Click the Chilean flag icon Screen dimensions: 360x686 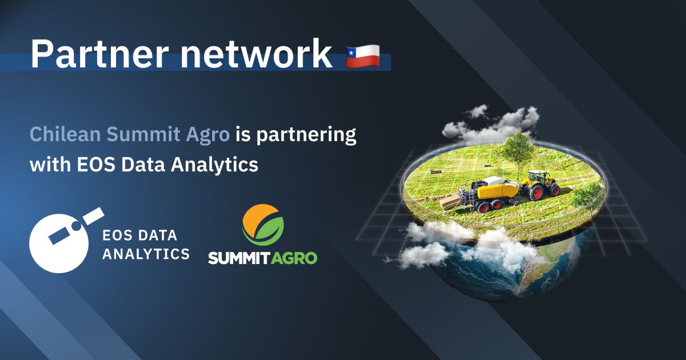point(363,55)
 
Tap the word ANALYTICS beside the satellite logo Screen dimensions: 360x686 point(145,253)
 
